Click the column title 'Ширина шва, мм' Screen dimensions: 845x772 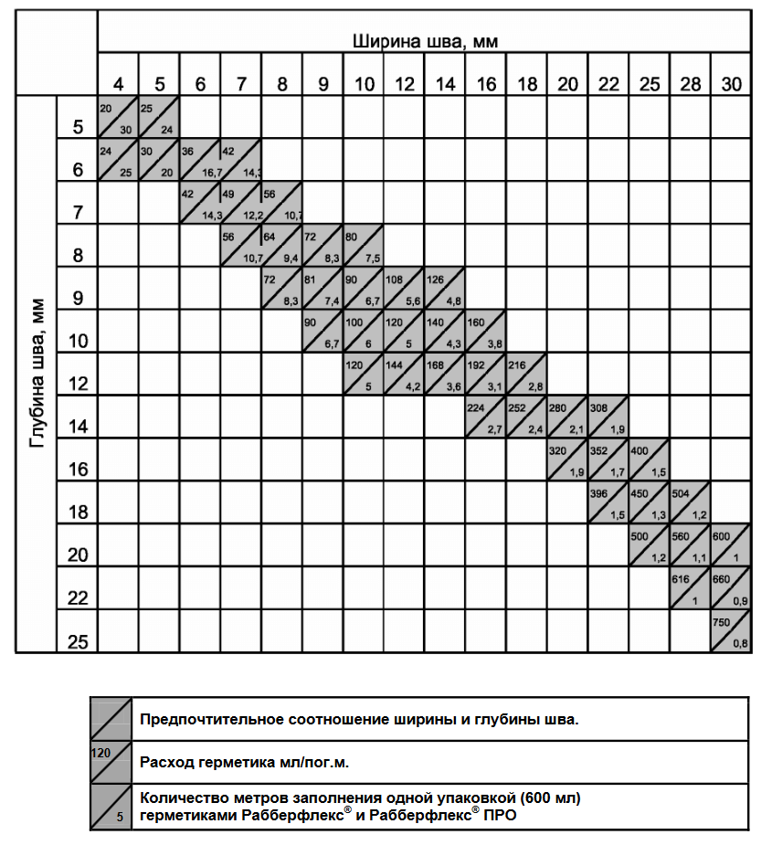pos(425,41)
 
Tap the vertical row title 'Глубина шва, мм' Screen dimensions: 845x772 pos(37,372)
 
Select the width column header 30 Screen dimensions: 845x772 pos(732,85)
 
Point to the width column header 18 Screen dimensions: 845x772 pos(527,85)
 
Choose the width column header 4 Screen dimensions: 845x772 pos(119,85)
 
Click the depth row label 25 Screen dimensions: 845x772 pos(78,642)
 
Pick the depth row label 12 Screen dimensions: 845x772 pos(78,385)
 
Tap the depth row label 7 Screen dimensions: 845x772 pos(78,213)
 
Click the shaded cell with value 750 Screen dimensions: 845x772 pos(731,630)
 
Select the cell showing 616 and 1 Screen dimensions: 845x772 pos(690,587)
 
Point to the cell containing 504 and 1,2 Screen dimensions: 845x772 pos(690,502)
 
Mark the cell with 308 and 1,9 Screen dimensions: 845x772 pos(608,416)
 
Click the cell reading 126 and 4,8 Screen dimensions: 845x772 pos(445,288)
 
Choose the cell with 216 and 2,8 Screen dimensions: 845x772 pos(526,373)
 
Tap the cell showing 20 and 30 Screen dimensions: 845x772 pos(118,116)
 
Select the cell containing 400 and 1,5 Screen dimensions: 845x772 pos(649,459)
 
